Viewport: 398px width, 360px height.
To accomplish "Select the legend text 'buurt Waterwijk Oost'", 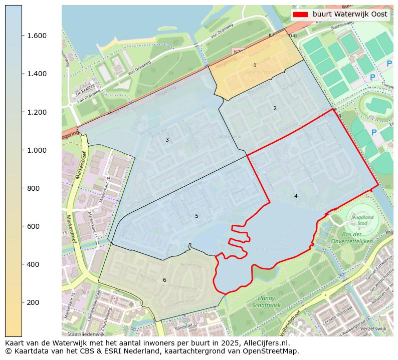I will (350, 15).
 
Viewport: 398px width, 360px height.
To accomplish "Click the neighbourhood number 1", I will (255, 66).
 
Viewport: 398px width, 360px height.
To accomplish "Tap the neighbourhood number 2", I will (275, 109).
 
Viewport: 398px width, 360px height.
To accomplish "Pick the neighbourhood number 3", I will (167, 140).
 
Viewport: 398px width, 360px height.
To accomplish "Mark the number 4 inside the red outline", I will (296, 196).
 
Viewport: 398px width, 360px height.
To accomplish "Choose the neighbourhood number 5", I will (196, 216).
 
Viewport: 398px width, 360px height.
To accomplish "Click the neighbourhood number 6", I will (164, 280).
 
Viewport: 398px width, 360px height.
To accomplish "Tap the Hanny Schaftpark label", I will (266, 301).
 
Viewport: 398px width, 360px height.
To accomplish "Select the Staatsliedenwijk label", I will (86, 333).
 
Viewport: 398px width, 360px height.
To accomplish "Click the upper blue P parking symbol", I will (389, 64).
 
